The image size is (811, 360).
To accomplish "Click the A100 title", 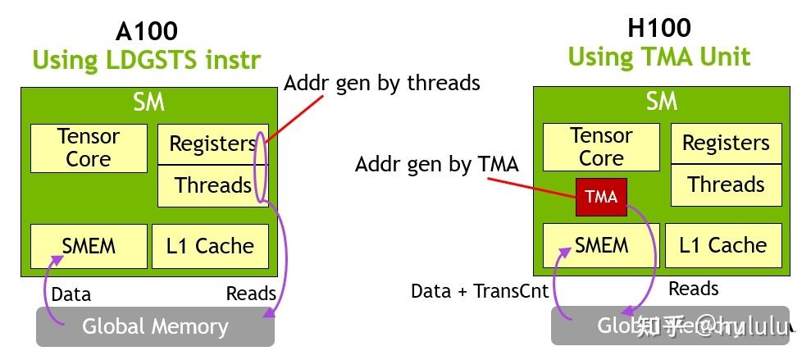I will pos(148,31).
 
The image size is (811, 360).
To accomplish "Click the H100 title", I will pos(659,28).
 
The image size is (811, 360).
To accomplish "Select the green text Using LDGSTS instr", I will pos(147,60).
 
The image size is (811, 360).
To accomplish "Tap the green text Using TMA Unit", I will pos(659,57).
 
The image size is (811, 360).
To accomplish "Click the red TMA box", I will pos(601,197).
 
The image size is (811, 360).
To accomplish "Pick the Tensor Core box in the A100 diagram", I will pos(89,148).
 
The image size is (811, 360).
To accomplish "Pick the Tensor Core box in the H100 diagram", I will pos(601,147).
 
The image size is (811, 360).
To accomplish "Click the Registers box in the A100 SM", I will pos(212,144).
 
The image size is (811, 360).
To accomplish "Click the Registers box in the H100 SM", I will pos(726,144).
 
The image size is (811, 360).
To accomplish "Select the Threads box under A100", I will pos(212,185).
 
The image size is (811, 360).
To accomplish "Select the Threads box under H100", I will pos(726,185).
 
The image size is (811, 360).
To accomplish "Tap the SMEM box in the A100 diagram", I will pos(89,246).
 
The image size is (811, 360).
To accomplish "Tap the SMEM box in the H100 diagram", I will pos(601,245).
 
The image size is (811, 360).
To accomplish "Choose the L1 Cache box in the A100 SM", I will pos(210,246).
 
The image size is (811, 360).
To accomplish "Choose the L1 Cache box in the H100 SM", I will pos(723,245).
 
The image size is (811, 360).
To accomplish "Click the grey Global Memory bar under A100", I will pos(155,326).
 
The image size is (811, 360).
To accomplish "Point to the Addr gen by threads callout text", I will pos(381,83).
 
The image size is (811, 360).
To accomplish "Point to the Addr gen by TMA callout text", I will pos(436,164).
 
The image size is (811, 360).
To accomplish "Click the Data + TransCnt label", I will pos(480,291).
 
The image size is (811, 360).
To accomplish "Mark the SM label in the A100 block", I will pos(148,103).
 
